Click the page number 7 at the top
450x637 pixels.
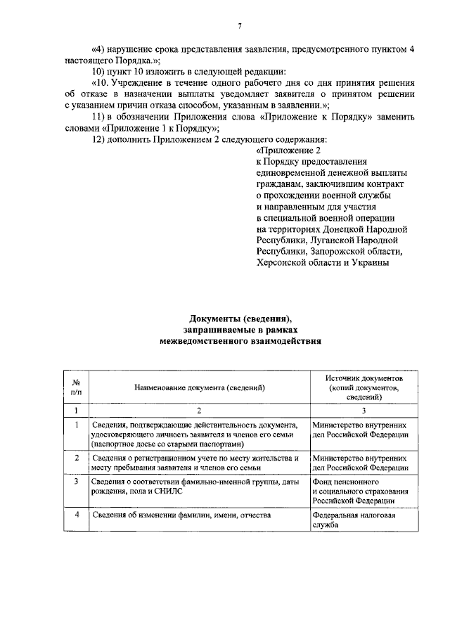pyautogui.click(x=239, y=26)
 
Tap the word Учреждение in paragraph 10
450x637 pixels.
pyautogui.click(x=143, y=83)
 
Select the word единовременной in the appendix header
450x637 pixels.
pyautogui.click(x=289, y=172)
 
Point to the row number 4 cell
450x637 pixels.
pyautogui.click(x=76, y=515)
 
